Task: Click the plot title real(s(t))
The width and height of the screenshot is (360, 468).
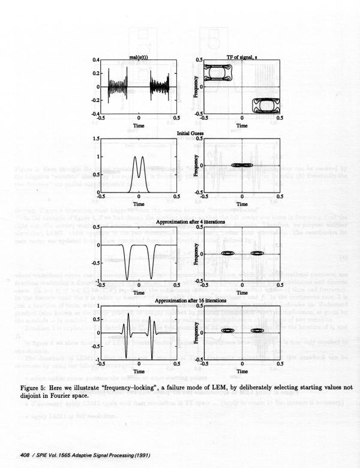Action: (139, 56)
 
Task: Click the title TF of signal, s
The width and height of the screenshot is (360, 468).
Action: (242, 56)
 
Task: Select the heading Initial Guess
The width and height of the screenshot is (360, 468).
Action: (190, 133)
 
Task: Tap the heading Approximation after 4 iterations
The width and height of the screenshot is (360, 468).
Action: (190, 222)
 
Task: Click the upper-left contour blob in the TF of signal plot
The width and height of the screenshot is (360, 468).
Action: (217, 73)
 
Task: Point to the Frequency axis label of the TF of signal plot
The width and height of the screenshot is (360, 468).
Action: (196, 87)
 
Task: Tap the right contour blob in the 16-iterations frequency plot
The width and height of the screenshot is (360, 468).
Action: (259, 330)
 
